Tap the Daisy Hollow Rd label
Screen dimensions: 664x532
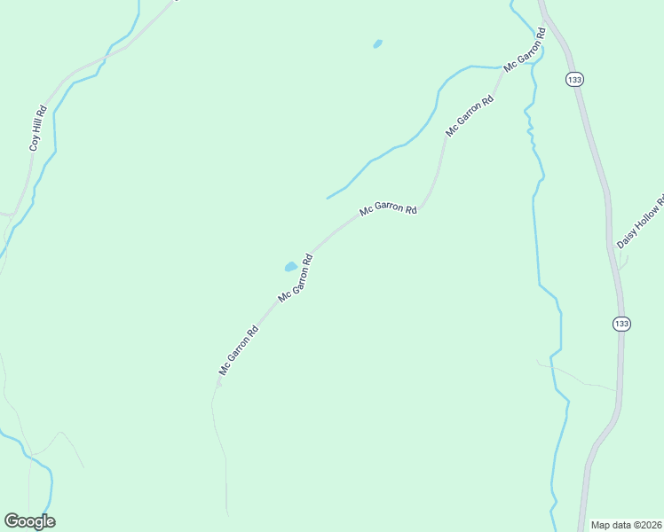tap(640, 223)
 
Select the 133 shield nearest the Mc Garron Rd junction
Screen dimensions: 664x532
tap(574, 80)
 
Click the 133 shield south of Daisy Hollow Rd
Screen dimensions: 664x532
tap(621, 324)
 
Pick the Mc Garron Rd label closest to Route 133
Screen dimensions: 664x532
tap(523, 54)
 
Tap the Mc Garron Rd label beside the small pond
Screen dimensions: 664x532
tap(296, 278)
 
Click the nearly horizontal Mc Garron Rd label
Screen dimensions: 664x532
tap(388, 210)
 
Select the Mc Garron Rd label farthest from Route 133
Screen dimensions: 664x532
tap(239, 351)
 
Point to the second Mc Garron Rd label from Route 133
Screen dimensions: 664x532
tap(470, 114)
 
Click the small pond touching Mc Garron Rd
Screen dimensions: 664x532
tap(290, 266)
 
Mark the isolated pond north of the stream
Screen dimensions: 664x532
tap(377, 43)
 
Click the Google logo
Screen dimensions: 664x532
tap(29, 520)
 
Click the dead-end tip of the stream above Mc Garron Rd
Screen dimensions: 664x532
tap(328, 198)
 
